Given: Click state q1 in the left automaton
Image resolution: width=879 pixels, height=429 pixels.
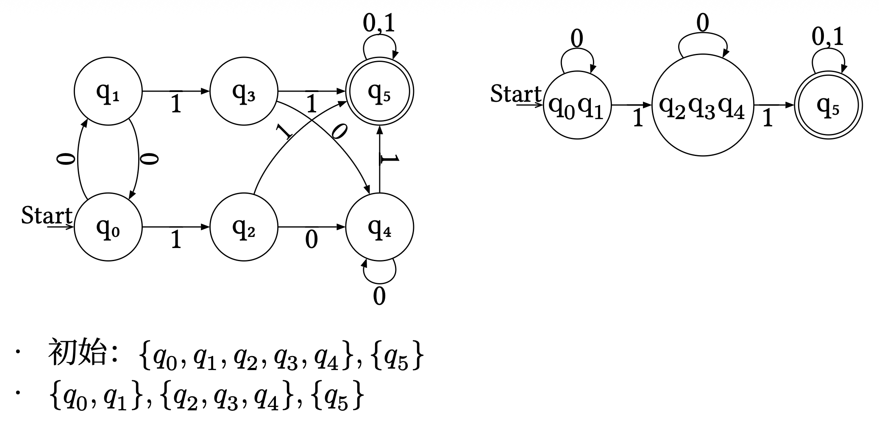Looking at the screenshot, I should pos(108,91).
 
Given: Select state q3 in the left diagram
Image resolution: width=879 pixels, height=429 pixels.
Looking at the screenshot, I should pos(244,91).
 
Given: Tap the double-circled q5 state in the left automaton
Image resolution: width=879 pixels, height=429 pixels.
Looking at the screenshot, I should pos(379,91).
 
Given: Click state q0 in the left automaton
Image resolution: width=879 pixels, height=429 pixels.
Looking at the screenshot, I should pos(108,227).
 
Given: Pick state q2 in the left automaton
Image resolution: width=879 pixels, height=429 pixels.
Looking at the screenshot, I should pos(244,227).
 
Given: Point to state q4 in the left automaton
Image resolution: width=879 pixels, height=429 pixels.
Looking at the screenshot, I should pos(379,227).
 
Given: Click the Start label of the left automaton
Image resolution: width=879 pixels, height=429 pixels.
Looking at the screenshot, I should pos(47,215).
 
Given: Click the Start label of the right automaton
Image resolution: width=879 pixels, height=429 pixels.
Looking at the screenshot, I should pos(516,94).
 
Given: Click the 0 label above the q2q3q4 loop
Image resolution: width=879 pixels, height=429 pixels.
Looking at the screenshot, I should pos(703,23).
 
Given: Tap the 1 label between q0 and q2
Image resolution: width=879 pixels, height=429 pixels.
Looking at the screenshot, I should pos(176,240).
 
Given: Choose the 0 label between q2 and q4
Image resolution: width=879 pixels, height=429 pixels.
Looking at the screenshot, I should pos(312,240).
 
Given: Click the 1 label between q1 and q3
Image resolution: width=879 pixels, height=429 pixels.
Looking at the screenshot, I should pos(176,104).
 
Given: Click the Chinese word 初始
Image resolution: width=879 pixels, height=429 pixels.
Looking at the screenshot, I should pos(77,353).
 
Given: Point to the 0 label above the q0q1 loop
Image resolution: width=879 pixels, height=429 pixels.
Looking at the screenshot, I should pos(577,39).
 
